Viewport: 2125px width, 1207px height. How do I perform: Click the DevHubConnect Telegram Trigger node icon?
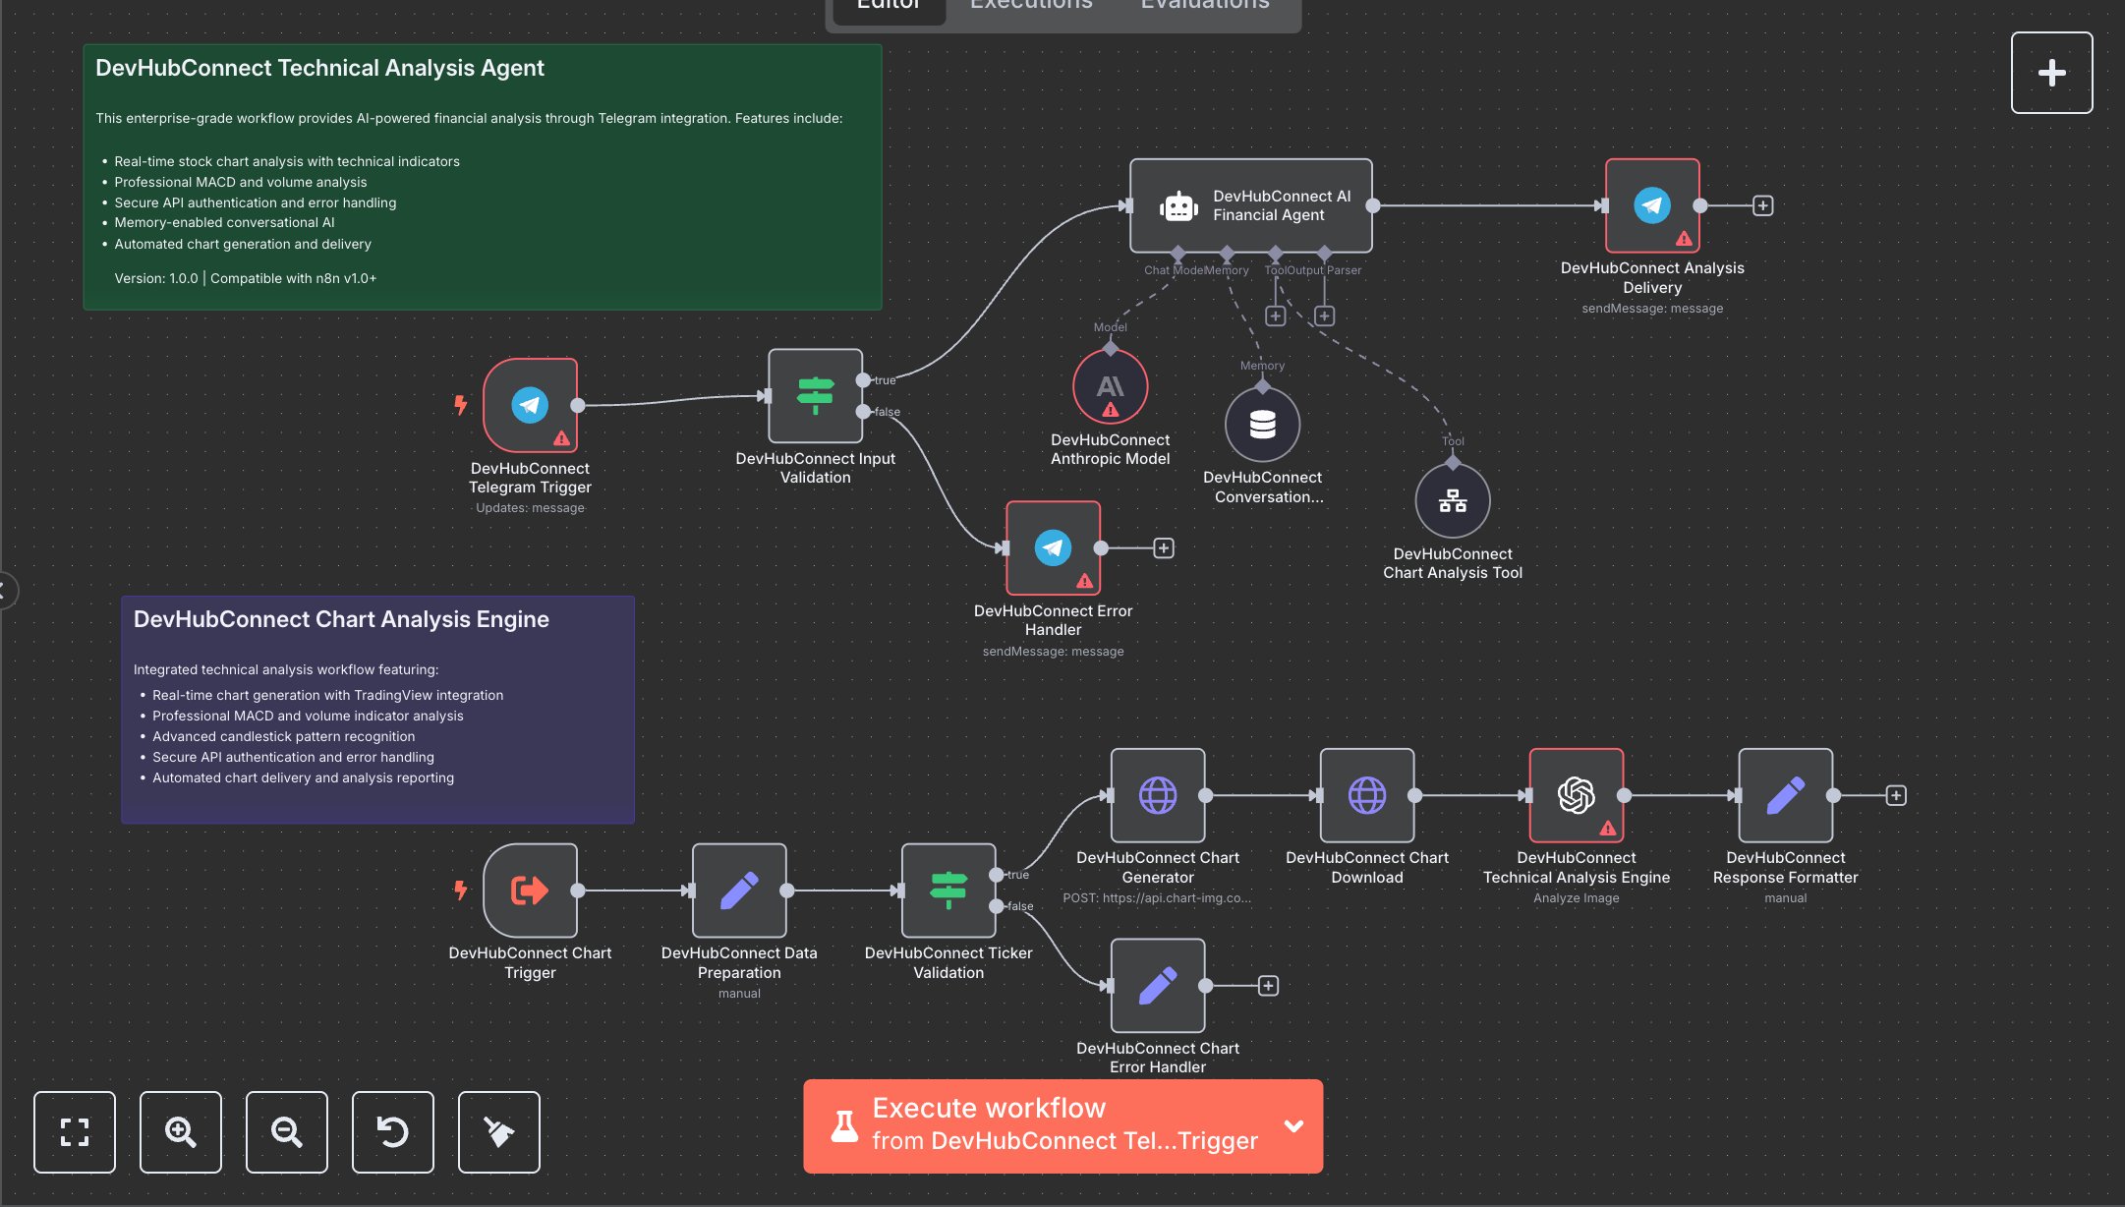point(530,405)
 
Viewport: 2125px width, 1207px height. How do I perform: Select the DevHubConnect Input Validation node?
point(815,396)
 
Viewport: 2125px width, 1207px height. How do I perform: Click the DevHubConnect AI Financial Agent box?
point(1250,205)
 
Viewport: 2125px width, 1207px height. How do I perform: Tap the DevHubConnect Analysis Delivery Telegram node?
point(1651,205)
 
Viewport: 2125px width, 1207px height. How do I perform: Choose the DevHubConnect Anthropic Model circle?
point(1110,387)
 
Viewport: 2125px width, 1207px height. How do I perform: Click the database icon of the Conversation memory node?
point(1262,425)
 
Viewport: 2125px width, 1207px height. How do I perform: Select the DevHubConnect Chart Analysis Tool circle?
point(1452,501)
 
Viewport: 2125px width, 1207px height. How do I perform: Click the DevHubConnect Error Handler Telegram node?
point(1052,547)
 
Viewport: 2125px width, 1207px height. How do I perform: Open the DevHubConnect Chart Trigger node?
point(530,891)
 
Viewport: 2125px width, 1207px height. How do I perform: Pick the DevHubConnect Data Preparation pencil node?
point(739,891)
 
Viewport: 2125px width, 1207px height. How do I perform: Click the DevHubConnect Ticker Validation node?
point(948,891)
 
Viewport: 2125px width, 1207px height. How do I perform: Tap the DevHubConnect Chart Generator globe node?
point(1157,795)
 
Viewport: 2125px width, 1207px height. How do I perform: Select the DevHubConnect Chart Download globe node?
point(1366,795)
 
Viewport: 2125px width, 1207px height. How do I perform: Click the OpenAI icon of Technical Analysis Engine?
point(1576,795)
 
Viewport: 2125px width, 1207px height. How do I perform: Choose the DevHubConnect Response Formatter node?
point(1785,795)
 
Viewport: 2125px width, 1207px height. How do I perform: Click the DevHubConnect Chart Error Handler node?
point(1157,985)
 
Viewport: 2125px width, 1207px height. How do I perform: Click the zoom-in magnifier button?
point(181,1132)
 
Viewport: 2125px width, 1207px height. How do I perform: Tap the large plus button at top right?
point(2051,73)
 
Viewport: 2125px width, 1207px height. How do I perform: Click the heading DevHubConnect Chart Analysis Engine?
point(341,619)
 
